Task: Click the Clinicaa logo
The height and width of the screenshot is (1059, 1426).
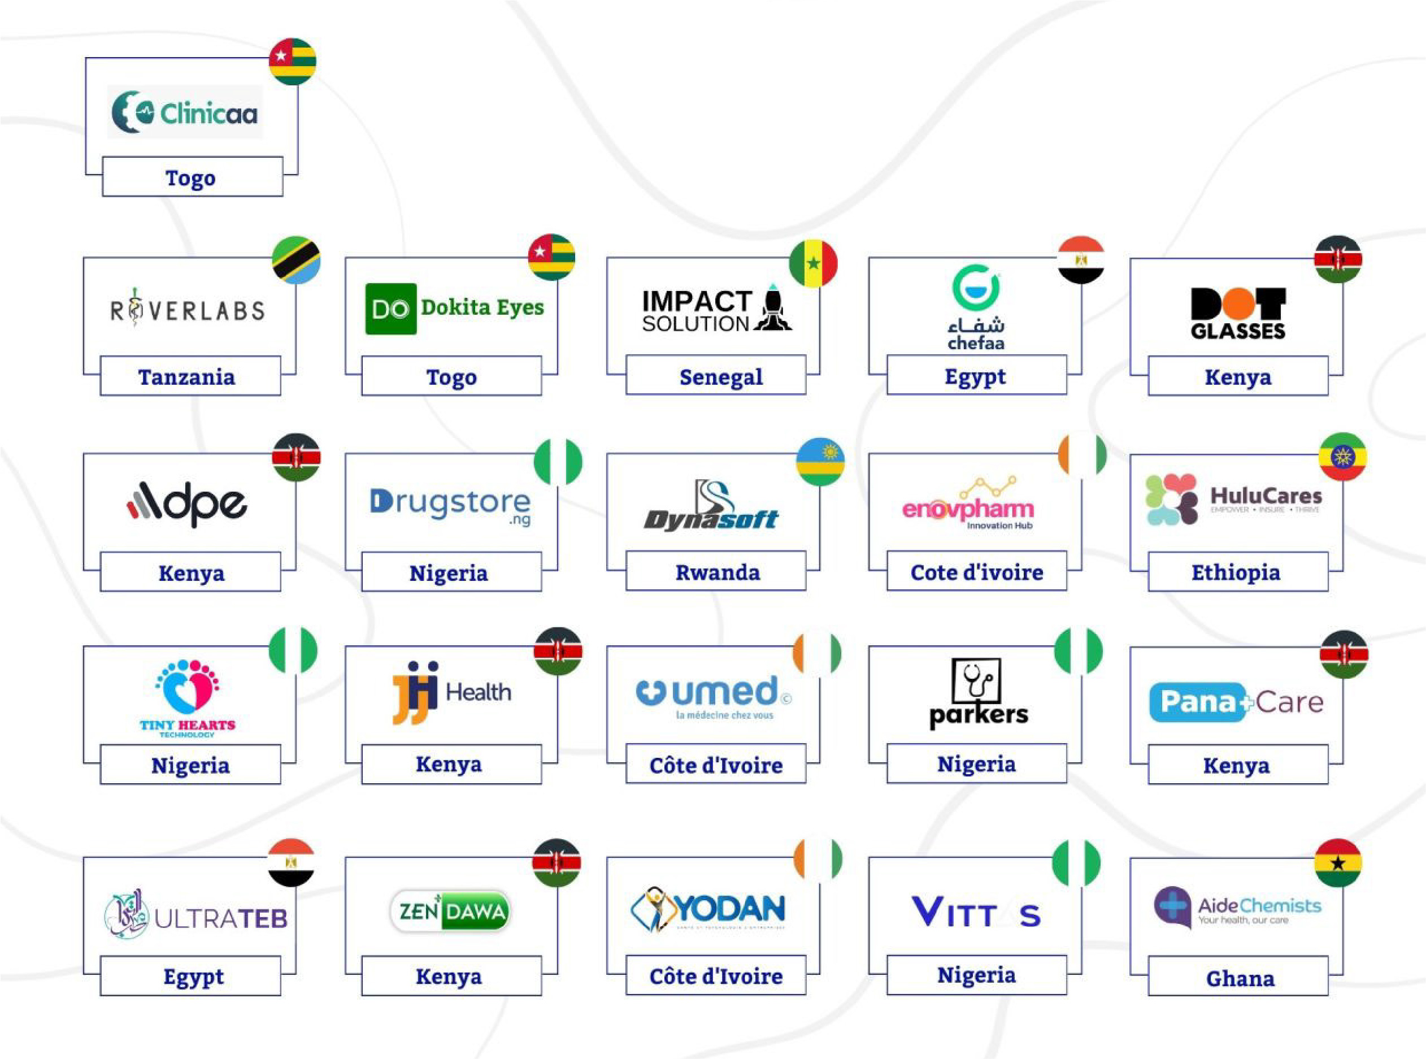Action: click(185, 113)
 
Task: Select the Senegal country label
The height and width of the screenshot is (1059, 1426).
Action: click(720, 377)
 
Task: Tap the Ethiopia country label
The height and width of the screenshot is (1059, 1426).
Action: click(1236, 572)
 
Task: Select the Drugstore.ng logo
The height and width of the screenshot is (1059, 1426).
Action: click(450, 505)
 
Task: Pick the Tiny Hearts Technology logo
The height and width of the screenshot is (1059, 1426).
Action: click(188, 698)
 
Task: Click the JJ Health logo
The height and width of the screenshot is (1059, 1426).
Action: click(452, 692)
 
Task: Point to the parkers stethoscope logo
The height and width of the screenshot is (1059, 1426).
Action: click(978, 695)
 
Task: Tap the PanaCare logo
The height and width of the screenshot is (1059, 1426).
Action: click(1236, 702)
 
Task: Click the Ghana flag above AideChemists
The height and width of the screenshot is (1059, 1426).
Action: click(1337, 863)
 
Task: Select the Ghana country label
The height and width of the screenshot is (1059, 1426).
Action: click(1240, 979)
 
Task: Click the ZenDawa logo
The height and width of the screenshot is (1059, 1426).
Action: click(450, 911)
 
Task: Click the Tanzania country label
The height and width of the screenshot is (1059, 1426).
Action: click(186, 377)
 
